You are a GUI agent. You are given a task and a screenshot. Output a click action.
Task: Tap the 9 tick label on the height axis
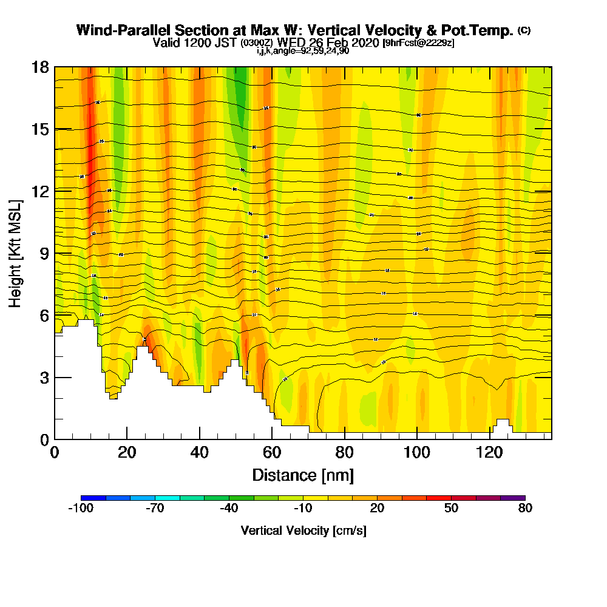(44, 254)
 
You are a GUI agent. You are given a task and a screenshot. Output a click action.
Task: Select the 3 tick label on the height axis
(44, 378)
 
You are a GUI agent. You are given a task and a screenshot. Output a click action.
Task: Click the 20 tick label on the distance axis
(126, 453)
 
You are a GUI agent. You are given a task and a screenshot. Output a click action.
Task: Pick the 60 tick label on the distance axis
(272, 453)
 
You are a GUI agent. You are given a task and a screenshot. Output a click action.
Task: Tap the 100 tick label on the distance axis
(417, 453)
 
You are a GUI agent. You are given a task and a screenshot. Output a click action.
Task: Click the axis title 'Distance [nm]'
(303, 475)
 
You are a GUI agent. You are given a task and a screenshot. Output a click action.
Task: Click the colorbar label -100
(81, 509)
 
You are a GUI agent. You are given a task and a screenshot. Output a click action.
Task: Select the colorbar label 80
(525, 509)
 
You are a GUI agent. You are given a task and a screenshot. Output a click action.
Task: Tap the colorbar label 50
(451, 509)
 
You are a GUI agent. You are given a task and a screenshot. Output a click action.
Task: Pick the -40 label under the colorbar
(228, 509)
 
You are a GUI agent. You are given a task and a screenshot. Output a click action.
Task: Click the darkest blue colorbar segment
(93, 498)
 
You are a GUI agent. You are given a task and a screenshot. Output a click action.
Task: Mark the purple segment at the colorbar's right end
(513, 498)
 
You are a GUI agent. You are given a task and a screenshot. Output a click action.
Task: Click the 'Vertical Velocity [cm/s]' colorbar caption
(303, 531)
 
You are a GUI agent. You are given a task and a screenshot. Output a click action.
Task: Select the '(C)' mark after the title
(524, 30)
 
